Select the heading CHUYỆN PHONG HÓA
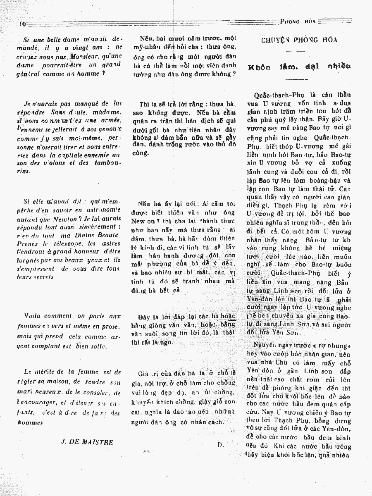coord(299,40)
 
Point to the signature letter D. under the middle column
coord(220,444)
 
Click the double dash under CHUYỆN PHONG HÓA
coord(296,51)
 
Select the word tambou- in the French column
coord(107,163)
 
